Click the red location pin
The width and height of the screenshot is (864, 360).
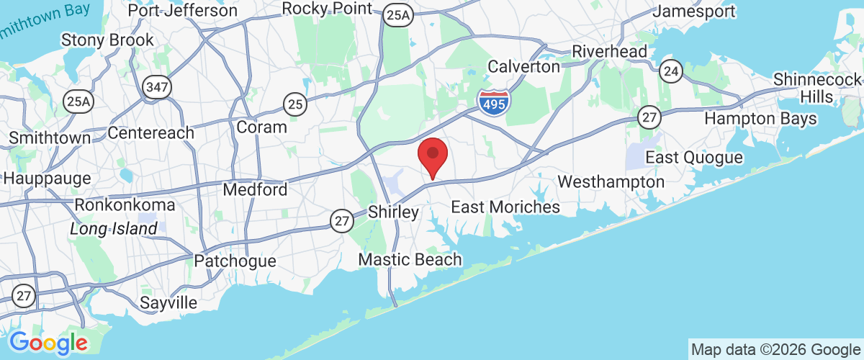click(x=433, y=155)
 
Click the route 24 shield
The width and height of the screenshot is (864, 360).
click(x=670, y=71)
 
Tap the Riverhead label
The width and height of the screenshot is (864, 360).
click(x=609, y=52)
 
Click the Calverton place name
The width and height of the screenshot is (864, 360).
click(x=523, y=67)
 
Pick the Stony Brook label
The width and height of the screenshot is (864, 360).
click(x=107, y=40)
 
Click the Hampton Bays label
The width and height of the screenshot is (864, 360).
click(x=760, y=118)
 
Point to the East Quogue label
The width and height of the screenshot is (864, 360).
click(x=693, y=158)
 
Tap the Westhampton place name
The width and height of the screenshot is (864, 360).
click(x=611, y=182)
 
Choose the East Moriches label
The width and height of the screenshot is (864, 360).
click(x=505, y=207)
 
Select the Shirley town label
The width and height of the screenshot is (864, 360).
click(x=393, y=212)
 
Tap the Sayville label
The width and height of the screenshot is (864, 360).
click(x=168, y=302)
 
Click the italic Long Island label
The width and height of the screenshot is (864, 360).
click(x=114, y=229)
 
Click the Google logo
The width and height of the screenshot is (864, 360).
click(x=48, y=342)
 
